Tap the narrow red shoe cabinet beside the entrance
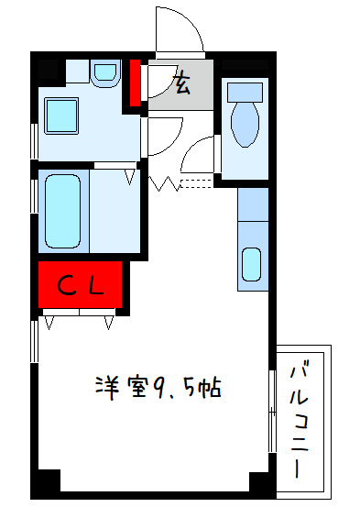[x=135, y=83]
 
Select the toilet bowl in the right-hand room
[x=245, y=125]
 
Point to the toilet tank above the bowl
[x=245, y=91]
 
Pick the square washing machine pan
[x=63, y=116]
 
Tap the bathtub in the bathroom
[x=63, y=209]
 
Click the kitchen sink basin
[x=251, y=264]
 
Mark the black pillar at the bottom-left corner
[x=46, y=482]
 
